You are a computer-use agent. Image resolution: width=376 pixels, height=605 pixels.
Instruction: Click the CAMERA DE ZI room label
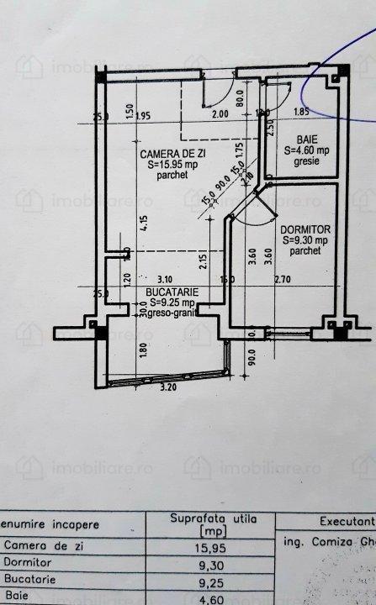click(172, 154)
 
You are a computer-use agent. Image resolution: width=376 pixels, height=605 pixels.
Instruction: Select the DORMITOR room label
click(306, 229)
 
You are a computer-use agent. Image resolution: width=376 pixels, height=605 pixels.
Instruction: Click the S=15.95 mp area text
click(172, 166)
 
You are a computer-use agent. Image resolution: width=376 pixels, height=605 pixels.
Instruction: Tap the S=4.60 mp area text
click(305, 150)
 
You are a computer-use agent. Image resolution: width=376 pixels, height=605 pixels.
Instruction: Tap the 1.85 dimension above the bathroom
click(302, 112)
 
